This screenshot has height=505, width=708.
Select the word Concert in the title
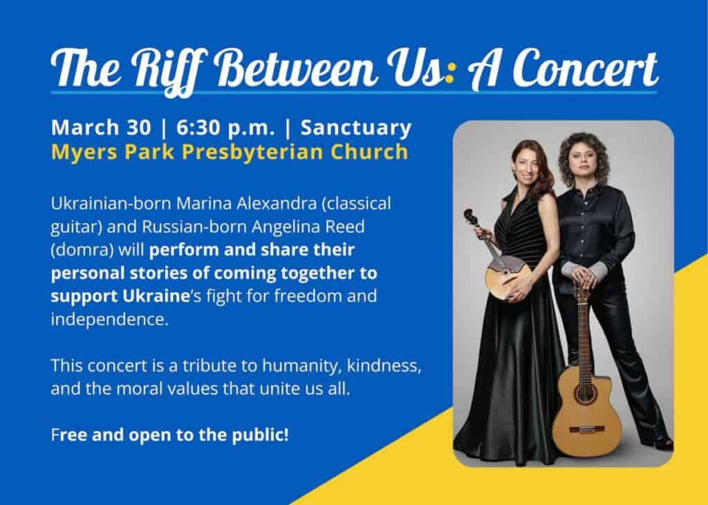[585, 68]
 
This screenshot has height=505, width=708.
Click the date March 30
[101, 127]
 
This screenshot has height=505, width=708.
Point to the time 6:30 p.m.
[225, 128]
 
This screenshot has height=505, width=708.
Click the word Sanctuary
[356, 128]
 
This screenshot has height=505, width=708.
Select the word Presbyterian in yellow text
[252, 152]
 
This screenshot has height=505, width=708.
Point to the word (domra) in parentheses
[82, 250]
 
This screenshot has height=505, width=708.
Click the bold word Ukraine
[156, 296]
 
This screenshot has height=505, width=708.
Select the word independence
[109, 320]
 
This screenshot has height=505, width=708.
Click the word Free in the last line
[71, 435]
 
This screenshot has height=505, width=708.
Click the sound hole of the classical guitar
[585, 394]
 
